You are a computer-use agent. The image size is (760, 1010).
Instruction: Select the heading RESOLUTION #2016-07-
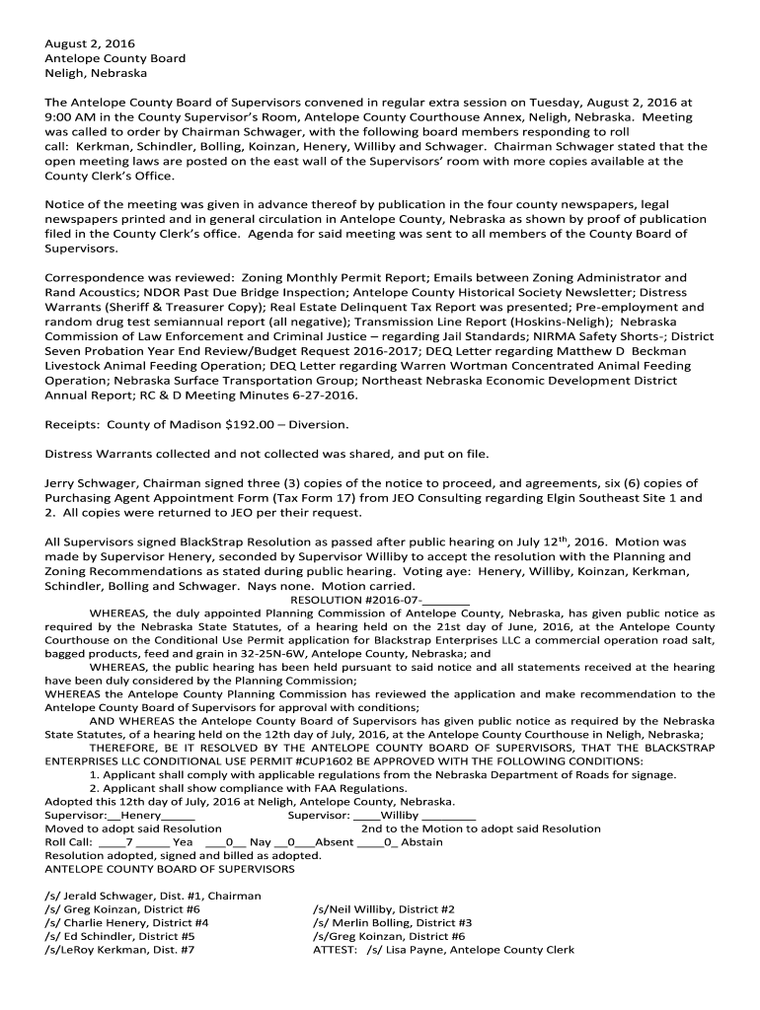click(379, 600)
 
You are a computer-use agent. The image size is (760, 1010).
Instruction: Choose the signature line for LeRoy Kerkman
click(119, 950)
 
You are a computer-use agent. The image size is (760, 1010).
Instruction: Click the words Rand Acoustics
click(103, 293)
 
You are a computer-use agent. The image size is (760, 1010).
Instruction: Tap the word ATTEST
click(335, 950)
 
